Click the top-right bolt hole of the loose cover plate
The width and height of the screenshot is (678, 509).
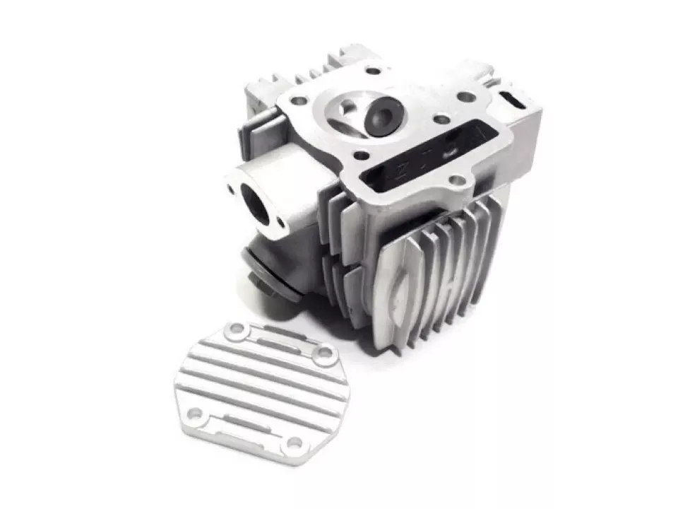325,357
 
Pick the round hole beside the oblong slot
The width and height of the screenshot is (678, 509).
467,97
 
